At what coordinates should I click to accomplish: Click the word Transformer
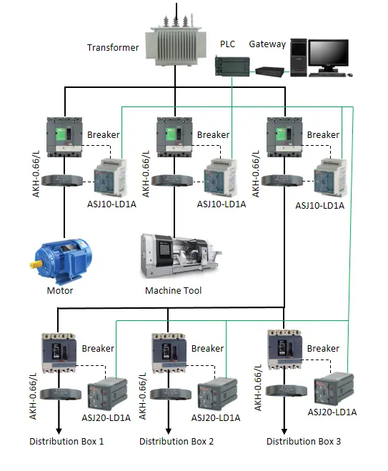(114, 48)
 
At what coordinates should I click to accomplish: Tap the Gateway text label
(267, 44)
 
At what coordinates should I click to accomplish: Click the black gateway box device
(270, 70)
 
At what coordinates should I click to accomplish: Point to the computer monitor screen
(328, 54)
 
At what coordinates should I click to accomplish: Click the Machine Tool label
(173, 290)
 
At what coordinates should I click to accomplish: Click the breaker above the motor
(64, 136)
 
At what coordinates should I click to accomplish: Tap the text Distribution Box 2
(176, 442)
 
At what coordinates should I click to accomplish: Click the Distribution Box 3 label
(304, 442)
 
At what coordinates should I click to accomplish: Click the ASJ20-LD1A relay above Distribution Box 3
(332, 390)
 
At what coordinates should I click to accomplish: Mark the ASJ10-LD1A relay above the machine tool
(221, 177)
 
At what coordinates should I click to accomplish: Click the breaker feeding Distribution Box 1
(59, 352)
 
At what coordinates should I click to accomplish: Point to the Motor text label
(60, 290)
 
